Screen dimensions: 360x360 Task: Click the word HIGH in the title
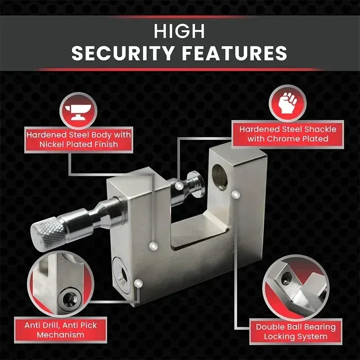tap(180, 31)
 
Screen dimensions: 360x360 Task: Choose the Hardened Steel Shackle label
tap(288, 134)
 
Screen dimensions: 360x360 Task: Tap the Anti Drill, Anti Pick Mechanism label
tap(60, 329)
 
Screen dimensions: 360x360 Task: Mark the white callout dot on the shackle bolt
tap(180, 185)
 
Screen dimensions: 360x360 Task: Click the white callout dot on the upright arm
tap(235, 194)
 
